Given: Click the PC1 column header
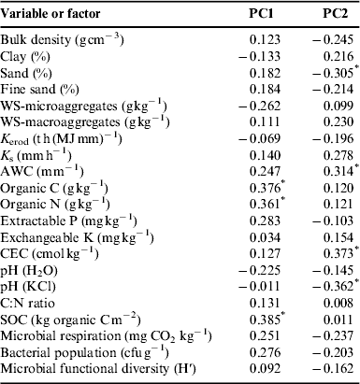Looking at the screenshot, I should (256, 11).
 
